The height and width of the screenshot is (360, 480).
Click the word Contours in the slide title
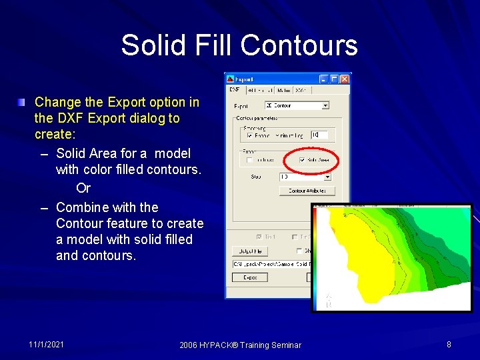click(299, 45)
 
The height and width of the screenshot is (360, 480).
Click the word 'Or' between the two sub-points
click(83, 188)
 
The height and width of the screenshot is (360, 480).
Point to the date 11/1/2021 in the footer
click(47, 345)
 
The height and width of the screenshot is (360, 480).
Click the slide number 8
click(449, 345)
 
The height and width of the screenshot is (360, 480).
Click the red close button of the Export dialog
click(345, 79)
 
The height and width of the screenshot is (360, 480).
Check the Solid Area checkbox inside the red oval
click(303, 160)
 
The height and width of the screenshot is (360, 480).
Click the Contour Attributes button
click(307, 191)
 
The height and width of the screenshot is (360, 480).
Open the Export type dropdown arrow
click(325, 105)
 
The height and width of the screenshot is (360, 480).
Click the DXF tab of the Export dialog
click(235, 89)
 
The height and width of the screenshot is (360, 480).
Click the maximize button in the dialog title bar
click(335, 79)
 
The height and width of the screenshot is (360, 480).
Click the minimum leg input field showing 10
click(319, 135)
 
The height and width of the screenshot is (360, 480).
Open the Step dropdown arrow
click(327, 177)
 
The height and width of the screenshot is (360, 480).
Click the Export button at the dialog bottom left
click(249, 277)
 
